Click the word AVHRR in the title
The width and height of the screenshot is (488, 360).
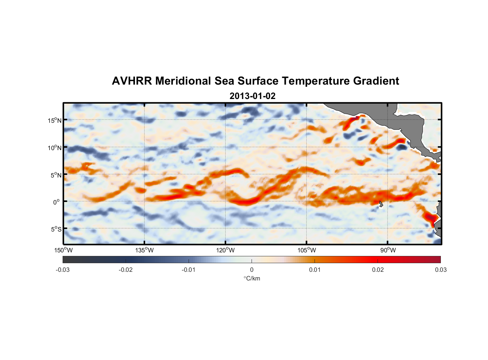(x=132, y=81)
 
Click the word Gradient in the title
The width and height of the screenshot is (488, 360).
(x=376, y=81)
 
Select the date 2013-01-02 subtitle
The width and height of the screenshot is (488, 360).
(x=252, y=96)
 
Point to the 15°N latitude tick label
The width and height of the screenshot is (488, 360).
(x=54, y=120)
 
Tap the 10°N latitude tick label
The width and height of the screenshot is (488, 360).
(x=54, y=148)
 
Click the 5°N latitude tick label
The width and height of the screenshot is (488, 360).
(x=55, y=175)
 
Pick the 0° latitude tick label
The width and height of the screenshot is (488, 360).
(x=57, y=202)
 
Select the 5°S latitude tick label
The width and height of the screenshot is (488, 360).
(x=55, y=229)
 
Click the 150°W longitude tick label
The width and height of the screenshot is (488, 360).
(x=63, y=250)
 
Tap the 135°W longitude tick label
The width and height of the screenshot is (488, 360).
(x=144, y=250)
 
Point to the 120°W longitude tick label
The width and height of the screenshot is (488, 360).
(x=225, y=250)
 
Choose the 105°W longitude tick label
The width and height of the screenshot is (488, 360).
(x=307, y=250)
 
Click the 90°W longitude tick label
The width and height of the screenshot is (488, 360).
(x=388, y=250)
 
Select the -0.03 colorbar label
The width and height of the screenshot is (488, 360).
(x=63, y=270)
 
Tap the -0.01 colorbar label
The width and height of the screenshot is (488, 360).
(x=189, y=270)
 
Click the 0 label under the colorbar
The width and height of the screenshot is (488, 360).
(x=252, y=270)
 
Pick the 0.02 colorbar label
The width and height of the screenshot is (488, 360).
(x=378, y=270)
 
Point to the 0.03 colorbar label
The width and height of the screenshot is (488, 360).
(x=440, y=270)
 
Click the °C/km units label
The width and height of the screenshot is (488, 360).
(x=252, y=278)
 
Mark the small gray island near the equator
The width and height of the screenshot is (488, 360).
(x=381, y=204)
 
